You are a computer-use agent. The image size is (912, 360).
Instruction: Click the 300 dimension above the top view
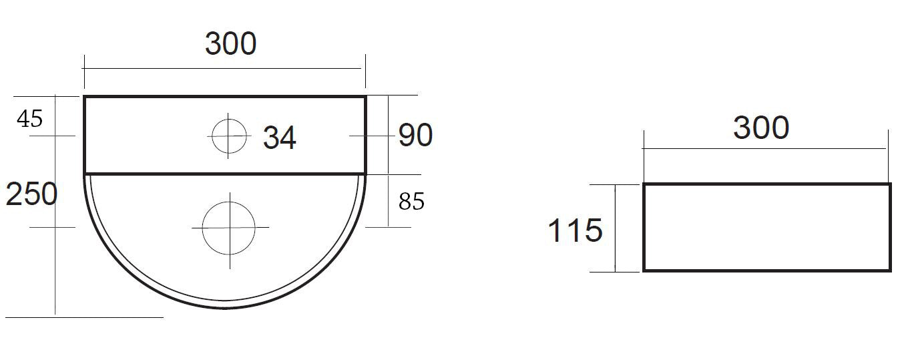click(x=230, y=43)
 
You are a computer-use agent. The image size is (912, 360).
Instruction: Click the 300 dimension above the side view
click(x=761, y=128)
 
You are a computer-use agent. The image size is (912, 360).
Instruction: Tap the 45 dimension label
click(x=30, y=119)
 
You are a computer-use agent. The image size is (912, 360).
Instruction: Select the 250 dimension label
click(x=31, y=194)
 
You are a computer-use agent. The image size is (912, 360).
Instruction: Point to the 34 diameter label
click(x=279, y=138)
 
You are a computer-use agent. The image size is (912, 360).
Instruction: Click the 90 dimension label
click(x=415, y=135)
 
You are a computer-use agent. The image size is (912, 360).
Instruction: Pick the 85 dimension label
click(x=412, y=202)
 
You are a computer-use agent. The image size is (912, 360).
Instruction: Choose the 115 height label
click(x=575, y=230)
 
